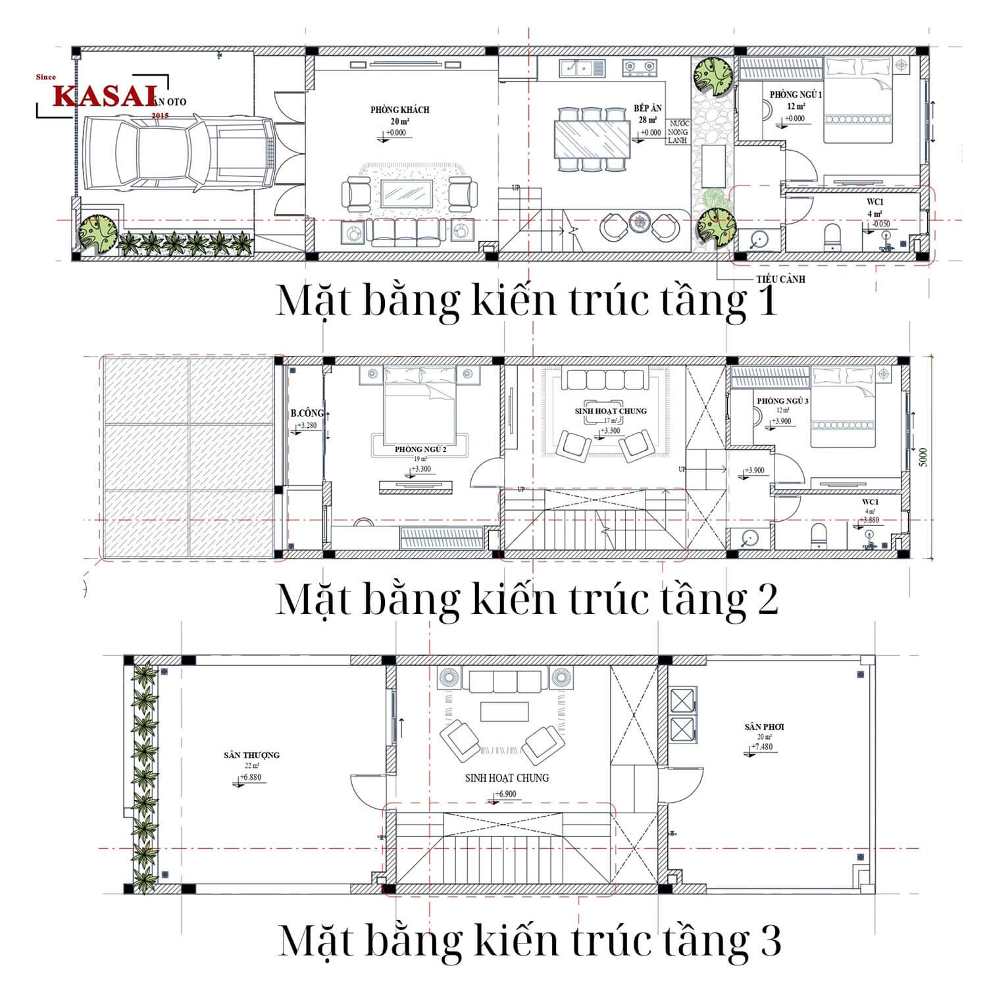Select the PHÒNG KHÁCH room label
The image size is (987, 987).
pyautogui.click(x=399, y=110)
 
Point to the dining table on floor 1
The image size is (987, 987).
pyautogui.click(x=593, y=139)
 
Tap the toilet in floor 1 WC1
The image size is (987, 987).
pyautogui.click(x=832, y=236)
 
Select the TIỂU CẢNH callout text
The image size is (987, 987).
pyautogui.click(x=780, y=279)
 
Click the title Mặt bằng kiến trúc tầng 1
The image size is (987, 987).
pyautogui.click(x=526, y=301)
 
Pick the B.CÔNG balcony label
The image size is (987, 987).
pyautogui.click(x=307, y=413)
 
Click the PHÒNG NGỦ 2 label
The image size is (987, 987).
pyautogui.click(x=420, y=449)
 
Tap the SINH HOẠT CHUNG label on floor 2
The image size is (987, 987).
pyautogui.click(x=610, y=411)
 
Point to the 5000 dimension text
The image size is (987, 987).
pyautogui.click(x=923, y=457)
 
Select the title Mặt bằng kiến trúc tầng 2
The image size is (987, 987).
pyautogui.click(x=526, y=599)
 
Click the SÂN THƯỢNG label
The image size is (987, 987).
pyautogui.click(x=251, y=755)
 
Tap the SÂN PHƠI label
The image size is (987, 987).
pyautogui.click(x=764, y=726)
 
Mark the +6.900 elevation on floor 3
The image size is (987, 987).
pyautogui.click(x=505, y=794)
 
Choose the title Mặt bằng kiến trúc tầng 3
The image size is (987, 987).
pyautogui.click(x=529, y=940)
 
